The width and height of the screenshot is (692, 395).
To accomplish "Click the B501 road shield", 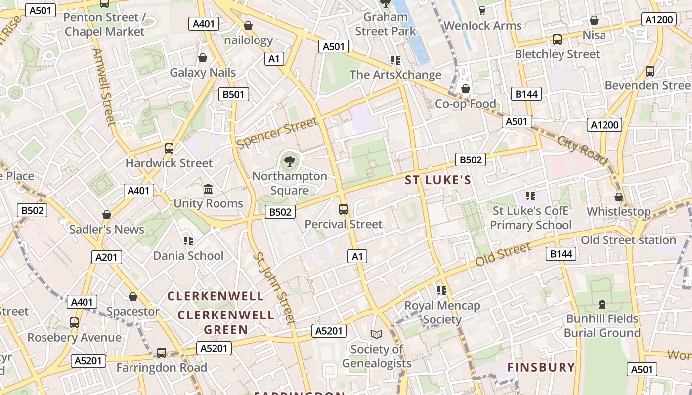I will [234, 94].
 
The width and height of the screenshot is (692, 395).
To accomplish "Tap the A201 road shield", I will [106, 257].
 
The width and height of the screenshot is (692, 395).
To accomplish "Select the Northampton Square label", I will [290, 183].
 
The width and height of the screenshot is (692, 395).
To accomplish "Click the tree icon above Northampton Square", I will [290, 160].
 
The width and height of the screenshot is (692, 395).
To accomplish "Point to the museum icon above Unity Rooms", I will [208, 189].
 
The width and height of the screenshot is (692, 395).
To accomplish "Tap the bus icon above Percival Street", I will [344, 209].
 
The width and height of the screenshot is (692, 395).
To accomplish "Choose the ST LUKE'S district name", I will [438, 180].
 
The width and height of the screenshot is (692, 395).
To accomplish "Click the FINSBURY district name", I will [541, 367].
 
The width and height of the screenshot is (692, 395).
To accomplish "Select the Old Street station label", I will [628, 240].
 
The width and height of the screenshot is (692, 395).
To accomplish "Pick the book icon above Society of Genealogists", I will [377, 335].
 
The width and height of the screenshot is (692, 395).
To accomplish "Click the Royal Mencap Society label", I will [442, 313].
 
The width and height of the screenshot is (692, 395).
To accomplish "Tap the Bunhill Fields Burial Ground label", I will [602, 326].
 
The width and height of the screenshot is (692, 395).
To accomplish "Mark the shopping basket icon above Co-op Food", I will [465, 89].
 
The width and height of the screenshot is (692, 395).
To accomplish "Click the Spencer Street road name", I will [277, 132].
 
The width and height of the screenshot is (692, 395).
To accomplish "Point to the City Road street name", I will [582, 150].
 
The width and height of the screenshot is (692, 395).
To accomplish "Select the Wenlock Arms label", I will [482, 26].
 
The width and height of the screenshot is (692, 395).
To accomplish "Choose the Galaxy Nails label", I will [203, 73].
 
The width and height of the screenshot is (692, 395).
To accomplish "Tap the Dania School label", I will [188, 256].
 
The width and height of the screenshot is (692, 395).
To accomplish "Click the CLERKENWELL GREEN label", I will [226, 322].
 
